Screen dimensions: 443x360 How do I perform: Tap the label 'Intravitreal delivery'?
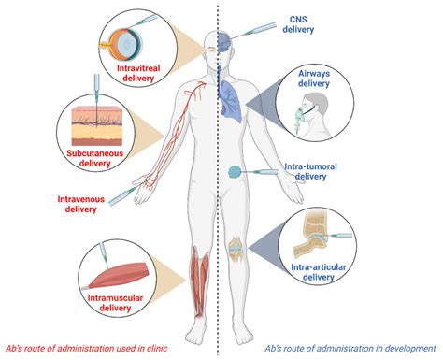138,73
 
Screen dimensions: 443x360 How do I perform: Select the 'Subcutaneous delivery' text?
94,158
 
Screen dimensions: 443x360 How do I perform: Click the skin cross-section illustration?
97,126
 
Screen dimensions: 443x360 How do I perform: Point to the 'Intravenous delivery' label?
80,204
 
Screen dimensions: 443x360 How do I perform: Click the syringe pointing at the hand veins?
123,195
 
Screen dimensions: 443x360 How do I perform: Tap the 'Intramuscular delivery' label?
115,303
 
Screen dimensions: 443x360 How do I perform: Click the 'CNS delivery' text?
298,24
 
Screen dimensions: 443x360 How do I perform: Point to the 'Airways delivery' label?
314,79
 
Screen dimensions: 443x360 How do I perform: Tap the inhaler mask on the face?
299,115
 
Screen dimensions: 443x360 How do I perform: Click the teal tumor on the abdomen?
236,172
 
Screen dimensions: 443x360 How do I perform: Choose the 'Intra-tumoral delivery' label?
310,171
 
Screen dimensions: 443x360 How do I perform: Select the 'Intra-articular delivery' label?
319,272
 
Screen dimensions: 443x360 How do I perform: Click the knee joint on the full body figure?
236,249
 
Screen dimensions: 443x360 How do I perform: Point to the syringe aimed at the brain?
253,30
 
